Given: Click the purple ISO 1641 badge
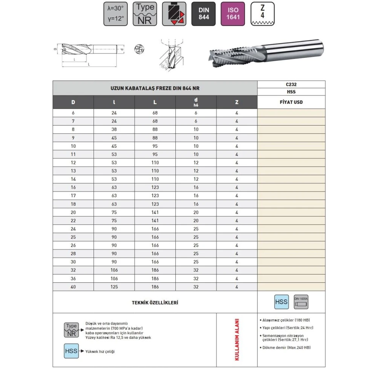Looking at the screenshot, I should [x=233, y=14].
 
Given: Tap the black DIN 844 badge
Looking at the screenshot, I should [x=204, y=14].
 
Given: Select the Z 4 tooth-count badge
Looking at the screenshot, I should [x=262, y=14].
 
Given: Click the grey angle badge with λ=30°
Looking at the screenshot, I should [x=116, y=14].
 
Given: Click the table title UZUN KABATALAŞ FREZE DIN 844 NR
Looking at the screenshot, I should [x=155, y=88].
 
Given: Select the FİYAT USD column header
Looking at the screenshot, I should [x=291, y=102].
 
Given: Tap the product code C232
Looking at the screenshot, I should [x=291, y=84].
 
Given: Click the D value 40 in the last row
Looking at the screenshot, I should [x=73, y=287].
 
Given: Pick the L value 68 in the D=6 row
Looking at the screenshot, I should [x=155, y=113].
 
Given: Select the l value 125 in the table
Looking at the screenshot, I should [x=114, y=287].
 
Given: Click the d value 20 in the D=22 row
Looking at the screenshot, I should [x=196, y=221].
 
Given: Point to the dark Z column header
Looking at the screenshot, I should [x=237, y=102].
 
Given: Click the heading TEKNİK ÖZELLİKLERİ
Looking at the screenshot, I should [x=155, y=302].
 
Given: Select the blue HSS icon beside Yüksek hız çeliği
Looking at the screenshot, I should [x=71, y=351].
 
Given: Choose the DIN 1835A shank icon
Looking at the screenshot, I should [x=301, y=302].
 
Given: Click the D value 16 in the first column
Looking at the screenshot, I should [x=73, y=187].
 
